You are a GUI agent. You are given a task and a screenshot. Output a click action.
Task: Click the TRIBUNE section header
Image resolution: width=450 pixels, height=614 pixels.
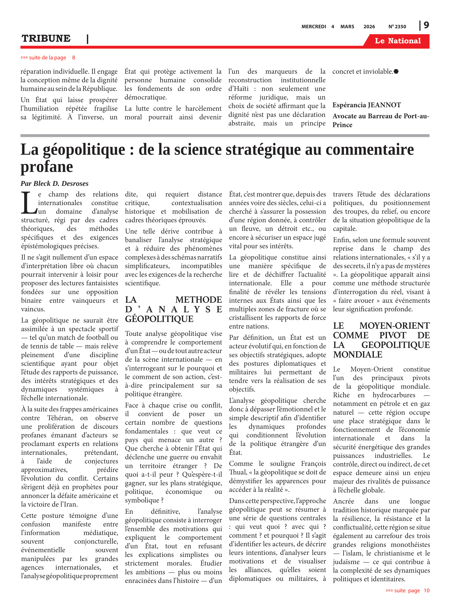[x=46, y=38]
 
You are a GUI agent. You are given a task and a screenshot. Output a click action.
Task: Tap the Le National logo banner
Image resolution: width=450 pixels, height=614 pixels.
[x=397, y=41]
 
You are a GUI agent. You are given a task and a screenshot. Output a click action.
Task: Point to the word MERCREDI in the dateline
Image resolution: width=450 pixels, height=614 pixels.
[x=314, y=27]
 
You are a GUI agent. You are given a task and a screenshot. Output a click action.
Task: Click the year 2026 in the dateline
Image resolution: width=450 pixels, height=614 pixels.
[x=369, y=27]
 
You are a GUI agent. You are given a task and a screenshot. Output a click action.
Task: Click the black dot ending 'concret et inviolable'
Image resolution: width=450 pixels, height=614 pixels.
[x=396, y=72]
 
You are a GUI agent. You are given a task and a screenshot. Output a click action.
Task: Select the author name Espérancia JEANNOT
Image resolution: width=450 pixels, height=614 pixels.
[x=366, y=105]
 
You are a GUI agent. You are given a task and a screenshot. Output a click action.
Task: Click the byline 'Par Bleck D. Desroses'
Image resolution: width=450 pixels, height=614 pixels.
[x=54, y=183]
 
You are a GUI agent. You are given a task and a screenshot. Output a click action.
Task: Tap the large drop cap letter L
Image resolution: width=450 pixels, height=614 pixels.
[x=29, y=203]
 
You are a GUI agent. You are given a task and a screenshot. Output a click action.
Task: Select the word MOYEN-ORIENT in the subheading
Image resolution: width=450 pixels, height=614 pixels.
[x=394, y=326]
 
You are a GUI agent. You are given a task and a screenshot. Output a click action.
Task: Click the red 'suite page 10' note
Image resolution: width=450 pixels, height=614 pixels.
[x=407, y=590]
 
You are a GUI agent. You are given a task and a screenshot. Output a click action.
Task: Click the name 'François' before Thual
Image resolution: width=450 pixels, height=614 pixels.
[x=313, y=464]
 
